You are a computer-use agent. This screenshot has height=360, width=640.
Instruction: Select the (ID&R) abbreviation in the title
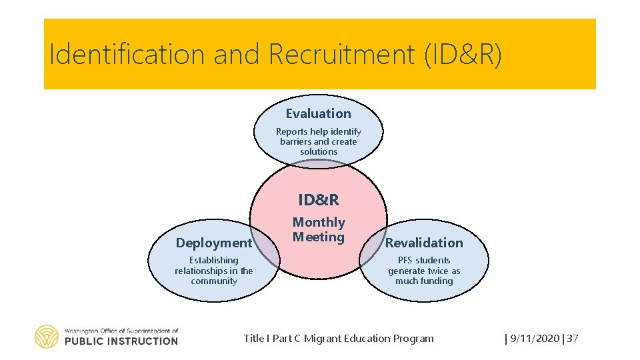tap(463, 55)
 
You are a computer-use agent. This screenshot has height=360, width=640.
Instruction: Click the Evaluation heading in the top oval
tap(318, 114)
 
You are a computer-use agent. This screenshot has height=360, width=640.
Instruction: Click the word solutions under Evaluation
tap(319, 151)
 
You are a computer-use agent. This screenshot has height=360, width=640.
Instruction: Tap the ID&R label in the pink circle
tap(318, 199)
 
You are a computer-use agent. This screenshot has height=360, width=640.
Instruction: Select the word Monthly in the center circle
tap(319, 222)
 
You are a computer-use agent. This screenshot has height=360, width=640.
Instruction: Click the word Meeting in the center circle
tap(319, 237)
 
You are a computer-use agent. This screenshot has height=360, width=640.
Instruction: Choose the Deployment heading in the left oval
tap(214, 243)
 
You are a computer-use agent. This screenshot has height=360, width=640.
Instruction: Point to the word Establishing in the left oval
tap(213, 260)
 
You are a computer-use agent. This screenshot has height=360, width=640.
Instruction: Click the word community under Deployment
tap(213, 281)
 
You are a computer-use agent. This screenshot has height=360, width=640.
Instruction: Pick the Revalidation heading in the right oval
tap(424, 243)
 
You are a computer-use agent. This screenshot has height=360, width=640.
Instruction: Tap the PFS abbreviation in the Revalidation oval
tap(406, 260)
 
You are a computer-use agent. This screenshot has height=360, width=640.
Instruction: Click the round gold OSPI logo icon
tap(47, 337)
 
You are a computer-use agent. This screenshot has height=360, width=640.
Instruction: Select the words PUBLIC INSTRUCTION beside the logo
tap(121, 341)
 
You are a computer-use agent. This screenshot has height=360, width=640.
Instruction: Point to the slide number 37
tap(573, 339)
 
